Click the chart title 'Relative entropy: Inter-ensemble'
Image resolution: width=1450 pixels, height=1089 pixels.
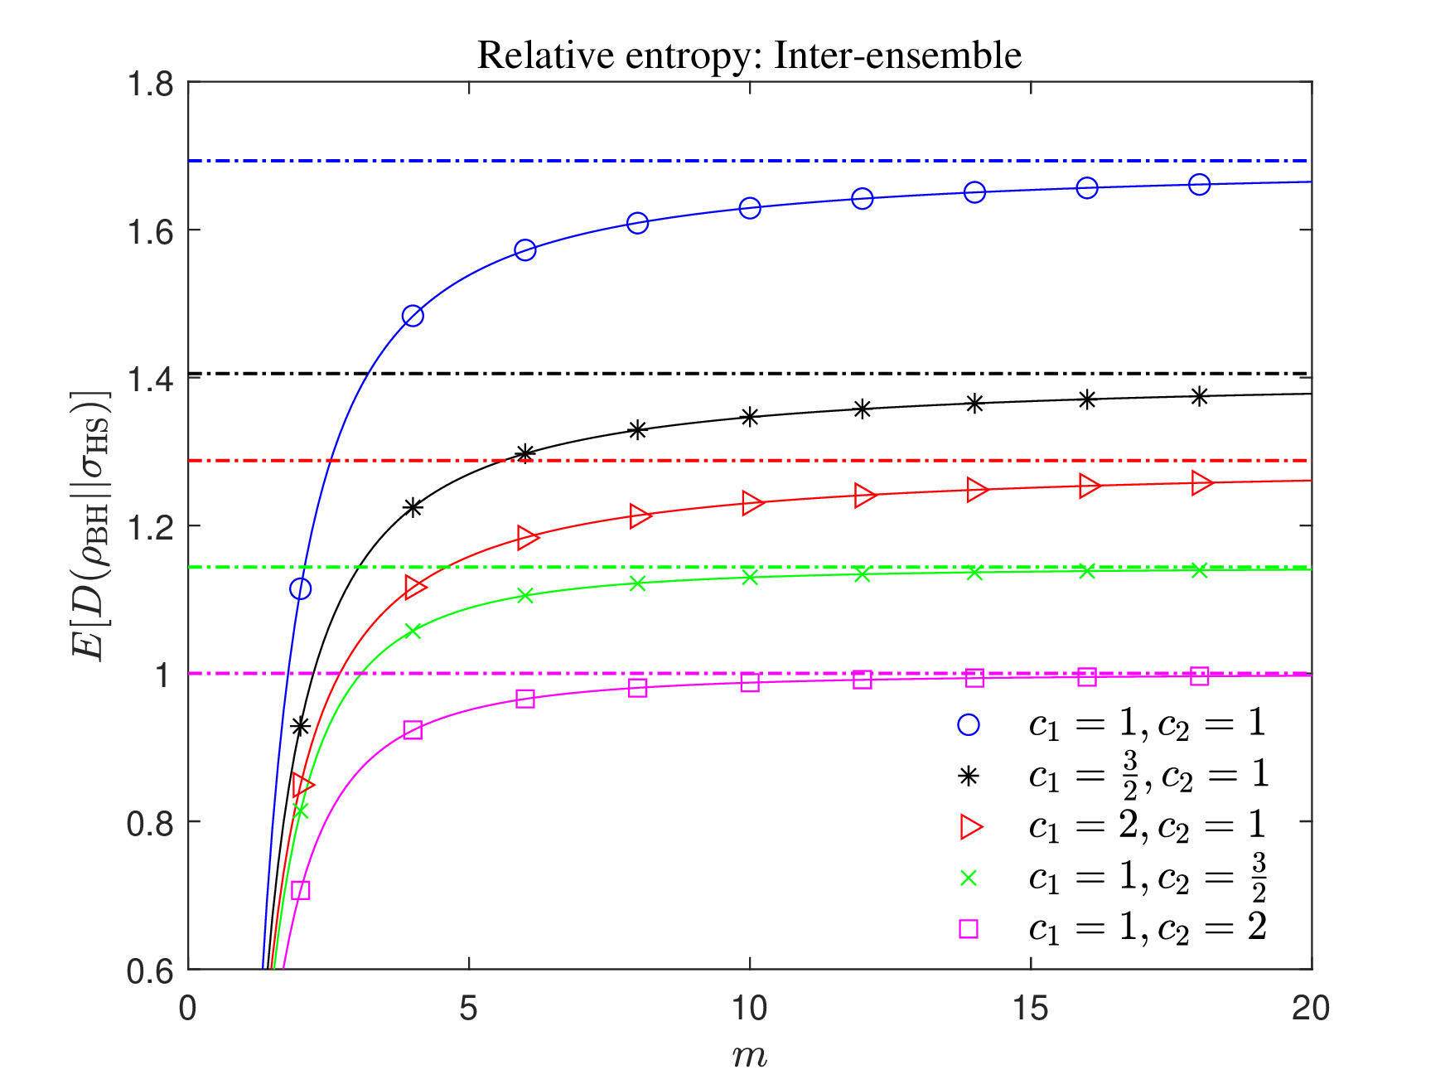click(x=749, y=56)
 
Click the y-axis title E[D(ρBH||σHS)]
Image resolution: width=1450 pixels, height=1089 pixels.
click(x=90, y=525)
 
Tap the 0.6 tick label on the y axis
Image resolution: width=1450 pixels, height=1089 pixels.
click(x=150, y=970)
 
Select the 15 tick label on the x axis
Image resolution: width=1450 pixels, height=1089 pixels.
click(x=1030, y=1009)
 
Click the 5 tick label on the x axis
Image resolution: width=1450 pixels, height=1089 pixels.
click(x=469, y=1009)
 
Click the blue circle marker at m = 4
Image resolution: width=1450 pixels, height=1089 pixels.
click(x=413, y=316)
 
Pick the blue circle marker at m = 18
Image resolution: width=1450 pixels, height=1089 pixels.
click(x=1199, y=185)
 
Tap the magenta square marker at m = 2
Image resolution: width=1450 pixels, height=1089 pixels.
click(x=301, y=890)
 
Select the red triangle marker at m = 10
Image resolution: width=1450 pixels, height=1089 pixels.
click(x=752, y=503)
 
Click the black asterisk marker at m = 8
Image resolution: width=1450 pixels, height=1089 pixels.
click(x=637, y=430)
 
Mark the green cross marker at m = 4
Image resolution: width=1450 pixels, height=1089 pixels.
click(x=413, y=632)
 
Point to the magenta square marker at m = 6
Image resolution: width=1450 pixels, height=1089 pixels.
click(x=525, y=699)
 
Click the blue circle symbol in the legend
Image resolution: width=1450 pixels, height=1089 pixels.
click(x=968, y=725)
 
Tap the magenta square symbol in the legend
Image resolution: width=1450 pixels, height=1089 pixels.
click(x=968, y=928)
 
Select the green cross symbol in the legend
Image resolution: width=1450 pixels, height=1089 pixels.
click(x=968, y=878)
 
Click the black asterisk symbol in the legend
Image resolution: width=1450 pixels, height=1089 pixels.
click(x=968, y=776)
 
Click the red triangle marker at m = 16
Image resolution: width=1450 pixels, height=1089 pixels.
click(x=1089, y=486)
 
